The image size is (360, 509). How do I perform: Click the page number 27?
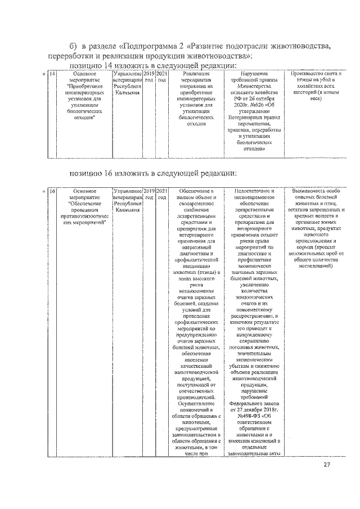click(x=327, y=465)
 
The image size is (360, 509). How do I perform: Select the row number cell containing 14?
click(x=52, y=74)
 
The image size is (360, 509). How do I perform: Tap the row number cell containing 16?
click(x=52, y=192)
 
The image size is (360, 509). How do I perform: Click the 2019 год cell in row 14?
click(x=148, y=76)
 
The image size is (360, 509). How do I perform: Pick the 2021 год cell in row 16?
click(x=161, y=195)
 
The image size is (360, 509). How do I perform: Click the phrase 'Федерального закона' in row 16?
click(x=253, y=403)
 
